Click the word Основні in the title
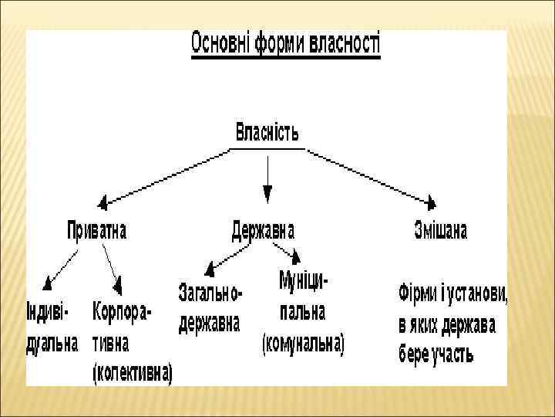point(219,42)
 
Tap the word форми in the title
point(277,42)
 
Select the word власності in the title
point(344,42)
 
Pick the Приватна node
point(96,230)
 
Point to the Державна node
point(263,230)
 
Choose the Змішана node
point(440,230)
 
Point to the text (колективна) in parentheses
point(133,373)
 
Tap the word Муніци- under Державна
point(303,282)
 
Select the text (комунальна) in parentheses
point(303,343)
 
